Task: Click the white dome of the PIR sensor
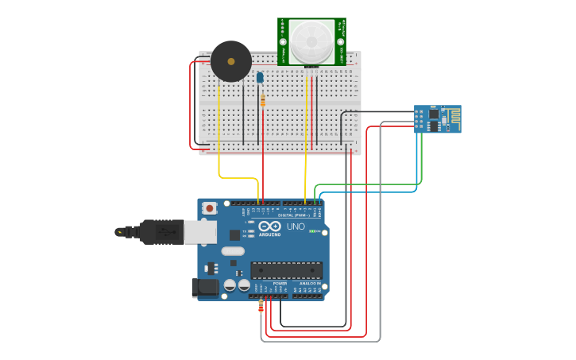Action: coord(311,41)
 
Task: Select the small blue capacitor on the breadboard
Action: coord(260,77)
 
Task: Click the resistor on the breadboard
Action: coord(263,100)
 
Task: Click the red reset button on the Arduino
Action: coord(210,208)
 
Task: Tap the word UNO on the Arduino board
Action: coord(296,226)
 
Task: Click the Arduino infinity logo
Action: coord(269,226)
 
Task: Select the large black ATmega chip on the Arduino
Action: coord(286,271)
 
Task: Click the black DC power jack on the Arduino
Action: coord(204,288)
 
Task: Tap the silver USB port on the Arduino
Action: coord(200,231)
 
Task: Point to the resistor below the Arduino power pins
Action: coord(261,306)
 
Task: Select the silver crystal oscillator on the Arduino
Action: coord(233,251)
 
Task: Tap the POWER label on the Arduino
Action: coord(280,283)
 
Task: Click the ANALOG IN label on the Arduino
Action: coord(310,283)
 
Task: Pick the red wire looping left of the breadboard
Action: coord(191,103)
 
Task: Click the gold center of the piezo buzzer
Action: coord(231,60)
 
